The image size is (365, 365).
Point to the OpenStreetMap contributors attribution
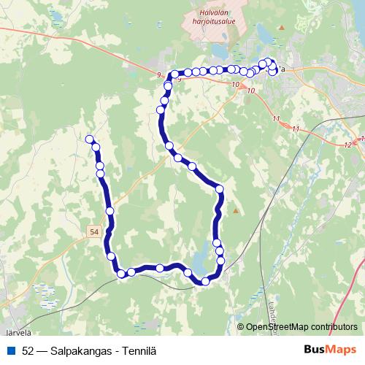pyautogui.click(x=301, y=326)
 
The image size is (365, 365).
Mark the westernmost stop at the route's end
pyautogui.click(x=90, y=139)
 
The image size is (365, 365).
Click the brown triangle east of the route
pyautogui.click(x=236, y=212)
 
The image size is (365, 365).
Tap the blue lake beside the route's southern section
pyautogui.click(x=200, y=260)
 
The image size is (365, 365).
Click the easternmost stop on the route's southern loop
pyautogui.click(x=220, y=253)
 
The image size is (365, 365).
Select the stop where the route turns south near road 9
pyautogui.click(x=174, y=74)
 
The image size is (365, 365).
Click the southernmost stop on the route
pyautogui.click(x=205, y=281)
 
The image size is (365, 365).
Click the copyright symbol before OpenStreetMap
pyautogui.click(x=241, y=326)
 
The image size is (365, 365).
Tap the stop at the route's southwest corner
pyautogui.click(x=120, y=274)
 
